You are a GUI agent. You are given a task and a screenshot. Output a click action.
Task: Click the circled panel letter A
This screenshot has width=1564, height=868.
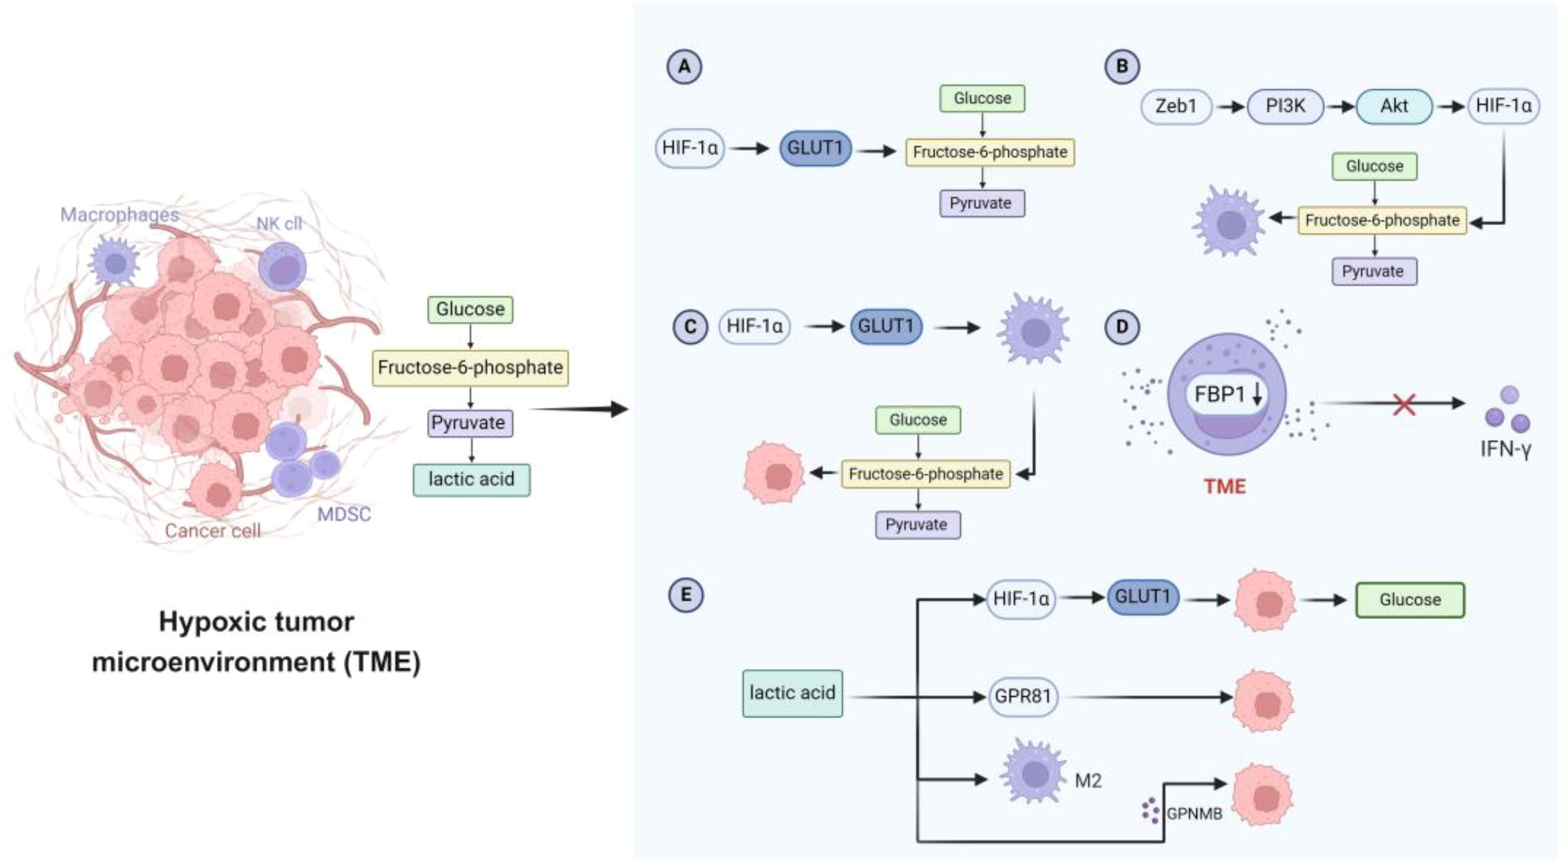tap(684, 67)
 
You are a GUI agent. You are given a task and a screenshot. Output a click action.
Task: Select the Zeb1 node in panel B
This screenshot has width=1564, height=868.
tap(1176, 106)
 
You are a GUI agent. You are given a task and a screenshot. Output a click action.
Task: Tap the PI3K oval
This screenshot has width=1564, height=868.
tap(1285, 106)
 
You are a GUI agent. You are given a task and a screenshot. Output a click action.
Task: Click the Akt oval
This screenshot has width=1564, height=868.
tap(1394, 106)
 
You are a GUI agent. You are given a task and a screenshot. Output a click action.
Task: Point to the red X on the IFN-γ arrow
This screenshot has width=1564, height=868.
tap(1404, 404)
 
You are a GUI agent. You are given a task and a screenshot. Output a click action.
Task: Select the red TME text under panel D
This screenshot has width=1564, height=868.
tap(1225, 487)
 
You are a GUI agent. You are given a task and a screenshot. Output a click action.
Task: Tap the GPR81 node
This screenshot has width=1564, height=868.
tap(1022, 696)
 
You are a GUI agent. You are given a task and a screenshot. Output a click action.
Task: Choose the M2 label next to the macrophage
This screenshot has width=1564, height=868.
tap(1088, 781)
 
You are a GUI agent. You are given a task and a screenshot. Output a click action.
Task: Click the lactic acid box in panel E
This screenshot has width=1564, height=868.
tap(792, 693)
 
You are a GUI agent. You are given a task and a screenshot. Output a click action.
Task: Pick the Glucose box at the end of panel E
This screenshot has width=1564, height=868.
tap(1410, 600)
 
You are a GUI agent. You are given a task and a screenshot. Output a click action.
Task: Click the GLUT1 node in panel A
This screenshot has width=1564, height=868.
tap(815, 148)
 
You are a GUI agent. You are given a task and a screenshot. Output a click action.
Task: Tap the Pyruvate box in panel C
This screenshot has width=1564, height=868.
tap(917, 525)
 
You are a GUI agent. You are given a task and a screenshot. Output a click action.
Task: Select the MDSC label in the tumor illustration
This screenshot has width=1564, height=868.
tap(344, 515)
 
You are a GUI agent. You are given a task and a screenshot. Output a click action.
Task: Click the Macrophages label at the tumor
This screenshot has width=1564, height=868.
tap(120, 215)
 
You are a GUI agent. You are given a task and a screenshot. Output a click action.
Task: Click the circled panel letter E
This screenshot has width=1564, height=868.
tap(686, 594)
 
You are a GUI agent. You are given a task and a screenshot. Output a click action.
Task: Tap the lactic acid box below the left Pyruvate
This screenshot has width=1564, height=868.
tap(471, 480)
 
